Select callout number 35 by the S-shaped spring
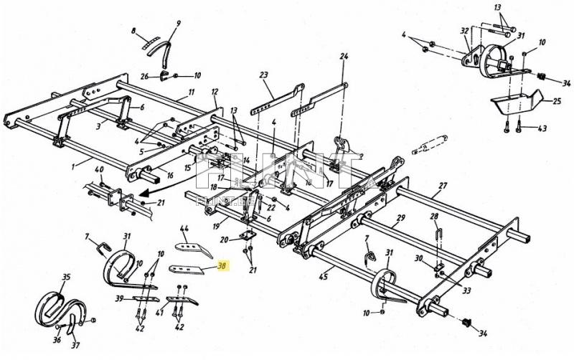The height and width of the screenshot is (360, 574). [66, 276]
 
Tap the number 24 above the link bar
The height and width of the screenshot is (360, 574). [344, 56]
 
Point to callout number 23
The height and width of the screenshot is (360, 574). [263, 74]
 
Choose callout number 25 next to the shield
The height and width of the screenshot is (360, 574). [557, 102]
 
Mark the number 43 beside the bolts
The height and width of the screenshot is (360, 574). [542, 128]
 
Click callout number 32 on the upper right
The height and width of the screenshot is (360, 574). [464, 31]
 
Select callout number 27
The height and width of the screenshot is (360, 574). [443, 185]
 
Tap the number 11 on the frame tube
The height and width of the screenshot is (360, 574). [192, 92]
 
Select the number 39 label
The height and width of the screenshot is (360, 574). [120, 298]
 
